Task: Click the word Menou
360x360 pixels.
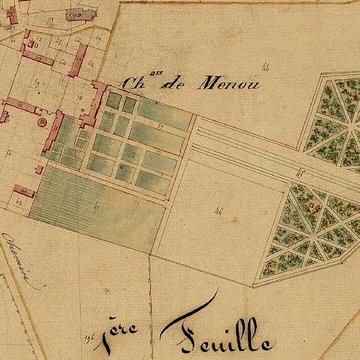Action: tap(230, 85)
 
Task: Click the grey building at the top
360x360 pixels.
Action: tap(76, 15)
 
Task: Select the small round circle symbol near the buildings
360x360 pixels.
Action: tap(45, 121)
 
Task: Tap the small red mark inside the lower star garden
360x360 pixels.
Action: tap(313, 205)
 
